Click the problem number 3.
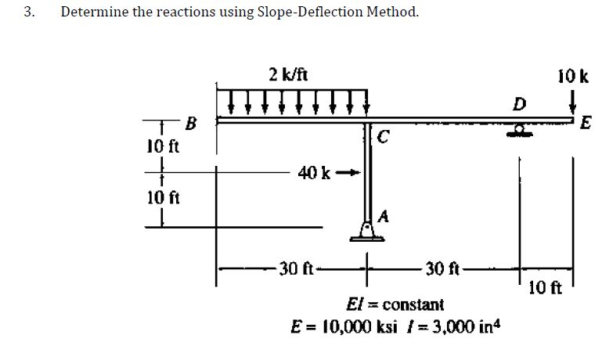coord(29,12)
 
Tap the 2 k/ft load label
coord(287,75)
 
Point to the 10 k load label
coord(574,77)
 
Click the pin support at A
coord(366,228)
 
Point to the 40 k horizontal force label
coord(311,172)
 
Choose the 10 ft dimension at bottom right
coord(544,286)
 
